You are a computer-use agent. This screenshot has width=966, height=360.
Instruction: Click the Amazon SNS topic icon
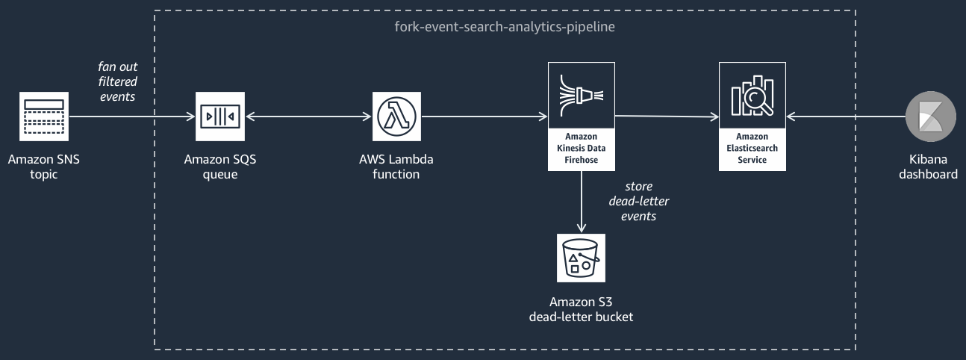click(43, 117)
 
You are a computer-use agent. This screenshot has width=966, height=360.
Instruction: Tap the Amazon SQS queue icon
click(219, 117)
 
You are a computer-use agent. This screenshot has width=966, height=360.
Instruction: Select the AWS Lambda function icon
click(396, 117)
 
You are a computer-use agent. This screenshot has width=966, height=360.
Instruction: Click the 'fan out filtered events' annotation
click(117, 81)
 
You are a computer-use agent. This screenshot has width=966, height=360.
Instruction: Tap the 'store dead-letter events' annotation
click(639, 201)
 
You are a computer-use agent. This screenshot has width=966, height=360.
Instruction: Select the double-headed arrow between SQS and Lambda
click(308, 117)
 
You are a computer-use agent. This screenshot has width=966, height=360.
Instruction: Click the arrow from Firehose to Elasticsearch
click(666, 117)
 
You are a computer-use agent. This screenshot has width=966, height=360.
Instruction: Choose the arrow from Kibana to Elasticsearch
click(844, 117)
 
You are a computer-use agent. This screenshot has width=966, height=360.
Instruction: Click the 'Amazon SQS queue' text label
click(219, 167)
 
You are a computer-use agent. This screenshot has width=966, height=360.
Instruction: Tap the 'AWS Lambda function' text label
click(396, 167)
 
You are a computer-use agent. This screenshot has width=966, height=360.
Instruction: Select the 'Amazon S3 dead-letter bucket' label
click(580, 309)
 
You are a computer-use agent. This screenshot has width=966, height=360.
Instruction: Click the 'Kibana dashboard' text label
click(928, 167)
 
